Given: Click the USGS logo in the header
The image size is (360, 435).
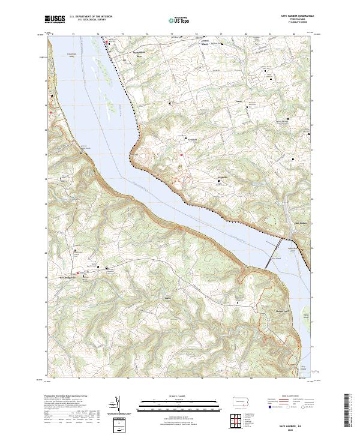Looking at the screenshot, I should (55, 20).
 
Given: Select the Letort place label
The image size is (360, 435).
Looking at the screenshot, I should (239, 101).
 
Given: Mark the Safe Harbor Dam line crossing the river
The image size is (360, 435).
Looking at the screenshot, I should (278, 246).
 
